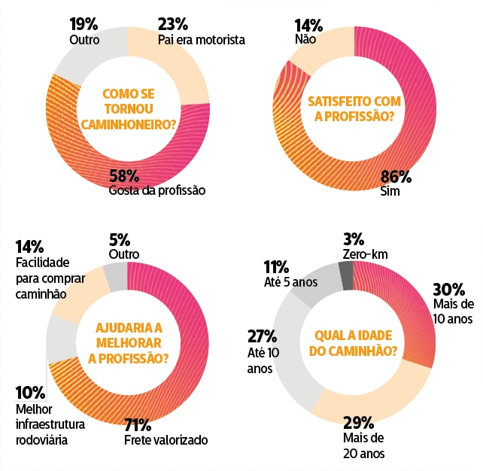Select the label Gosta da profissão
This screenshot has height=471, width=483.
(156, 190)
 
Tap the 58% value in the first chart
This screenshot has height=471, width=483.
(123, 176)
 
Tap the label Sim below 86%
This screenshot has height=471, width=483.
(390, 192)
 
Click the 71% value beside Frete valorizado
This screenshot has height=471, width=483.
(138, 424)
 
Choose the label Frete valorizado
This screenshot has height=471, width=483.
(166, 440)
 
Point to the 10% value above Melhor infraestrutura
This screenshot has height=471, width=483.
(30, 392)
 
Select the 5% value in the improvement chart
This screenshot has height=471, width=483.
(119, 240)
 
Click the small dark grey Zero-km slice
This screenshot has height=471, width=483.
(346, 275)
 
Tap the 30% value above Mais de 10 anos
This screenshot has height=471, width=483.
(448, 289)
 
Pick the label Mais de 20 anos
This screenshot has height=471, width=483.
(363, 446)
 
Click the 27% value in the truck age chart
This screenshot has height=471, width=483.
(262, 336)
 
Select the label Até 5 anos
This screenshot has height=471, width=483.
(290, 282)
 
